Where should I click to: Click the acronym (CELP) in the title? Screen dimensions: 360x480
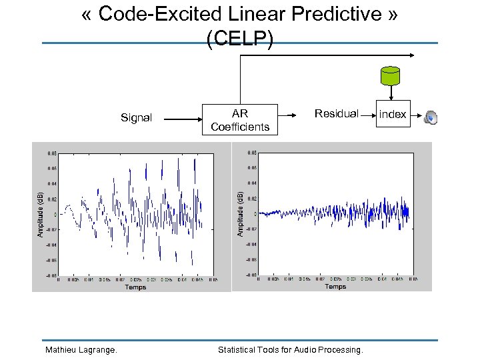[239, 39]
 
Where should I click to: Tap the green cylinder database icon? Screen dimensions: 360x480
[389, 76]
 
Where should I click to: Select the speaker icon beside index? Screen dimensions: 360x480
[431, 118]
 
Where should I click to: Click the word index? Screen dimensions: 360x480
[393, 115]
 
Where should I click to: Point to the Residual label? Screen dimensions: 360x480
[336, 113]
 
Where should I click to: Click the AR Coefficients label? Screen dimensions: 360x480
[240, 120]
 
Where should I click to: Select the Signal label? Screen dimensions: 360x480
[136, 118]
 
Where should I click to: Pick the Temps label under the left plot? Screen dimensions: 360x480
[135, 287]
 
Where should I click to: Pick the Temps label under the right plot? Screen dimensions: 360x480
[335, 287]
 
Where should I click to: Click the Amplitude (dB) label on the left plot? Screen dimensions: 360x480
[40, 213]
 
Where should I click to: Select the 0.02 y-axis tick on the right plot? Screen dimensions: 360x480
[251, 198]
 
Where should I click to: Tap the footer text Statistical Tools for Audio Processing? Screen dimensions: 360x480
[291, 349]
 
